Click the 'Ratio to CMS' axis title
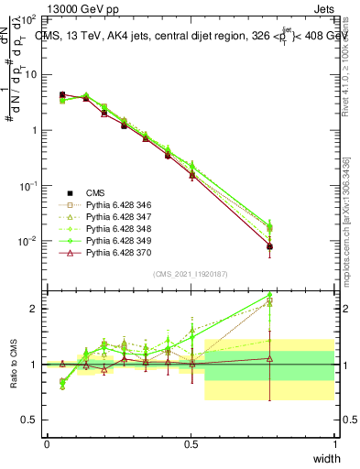[x=13, y=364]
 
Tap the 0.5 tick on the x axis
[x=191, y=444]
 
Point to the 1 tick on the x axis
[x=334, y=444]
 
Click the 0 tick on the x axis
[x=47, y=444]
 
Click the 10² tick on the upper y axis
[x=28, y=18]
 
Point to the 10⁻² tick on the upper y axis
[x=28, y=241]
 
